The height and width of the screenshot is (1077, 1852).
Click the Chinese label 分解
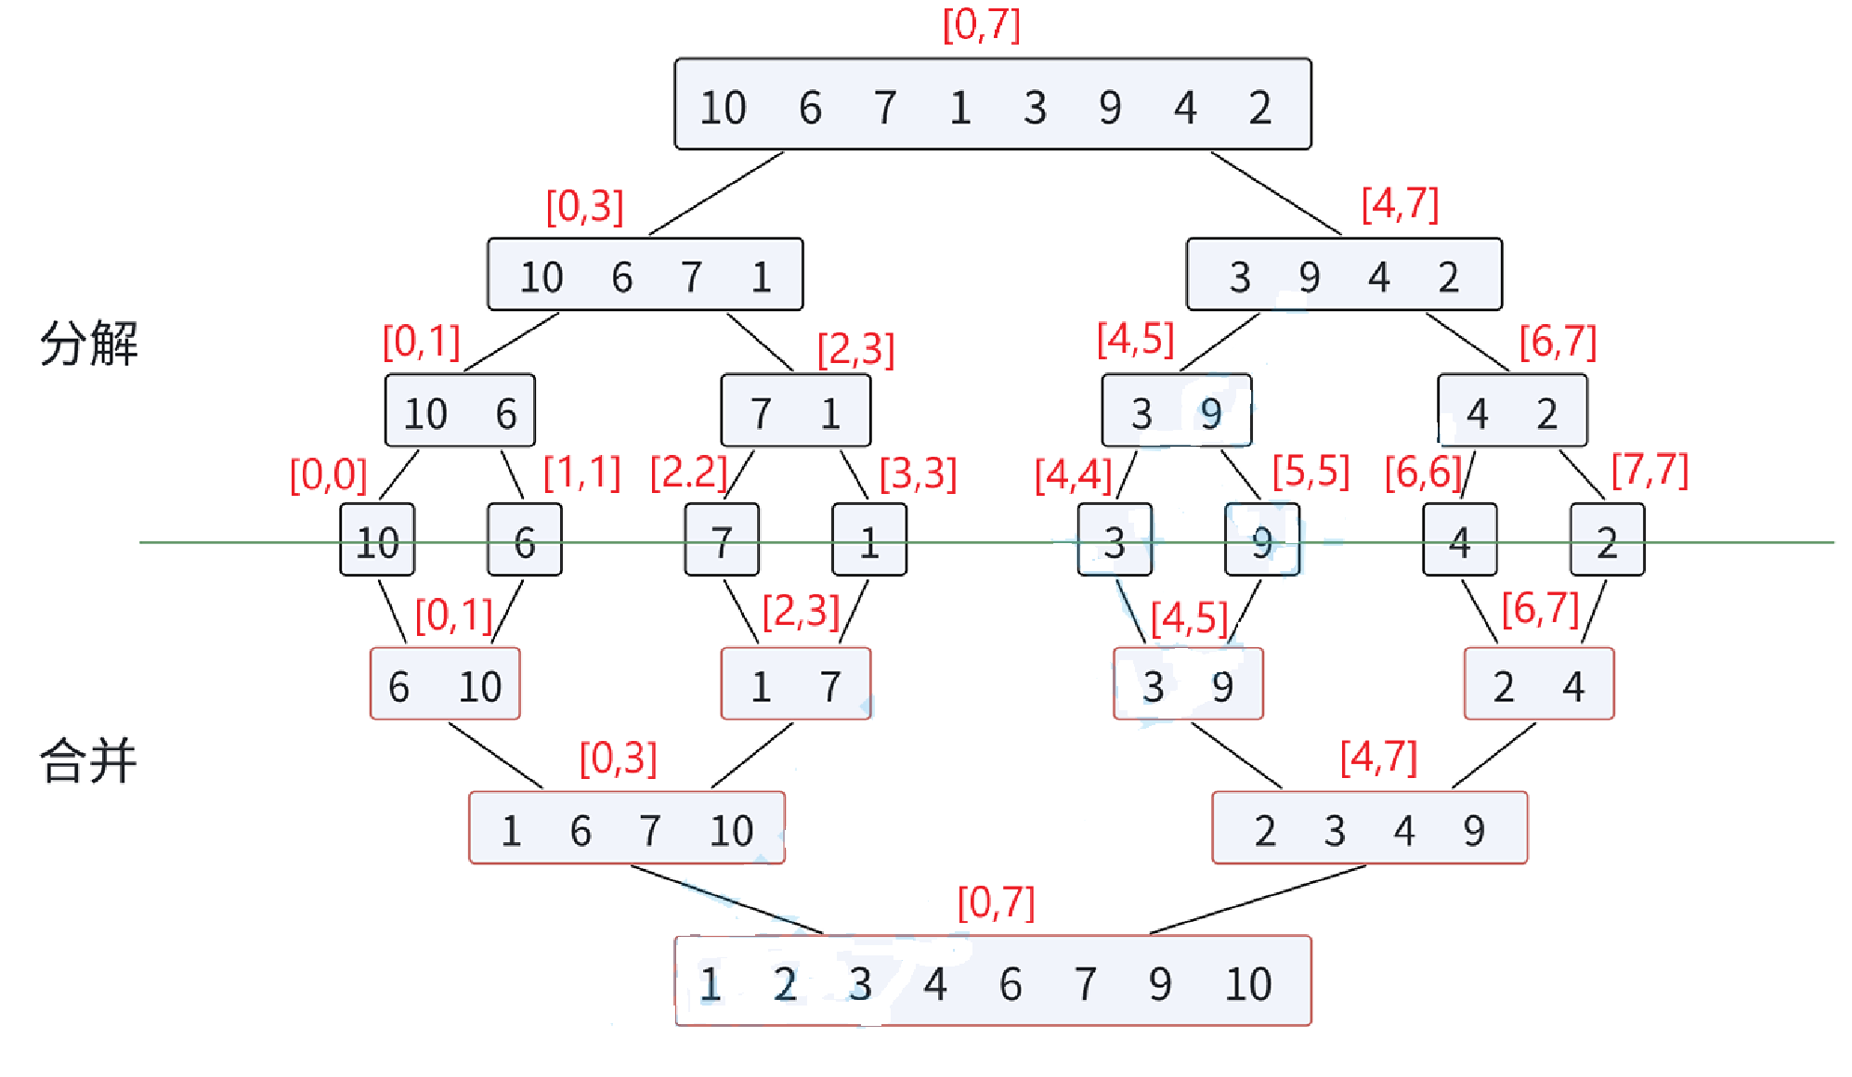(x=89, y=344)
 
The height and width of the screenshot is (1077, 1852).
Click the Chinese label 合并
(x=89, y=761)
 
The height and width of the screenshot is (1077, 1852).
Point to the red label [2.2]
(x=688, y=473)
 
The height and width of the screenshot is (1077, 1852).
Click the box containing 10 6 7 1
(x=645, y=275)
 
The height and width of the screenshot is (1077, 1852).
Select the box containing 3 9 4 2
(x=1344, y=275)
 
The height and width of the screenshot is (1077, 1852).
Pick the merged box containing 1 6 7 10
(x=627, y=828)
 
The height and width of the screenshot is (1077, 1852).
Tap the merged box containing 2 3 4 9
(x=1369, y=828)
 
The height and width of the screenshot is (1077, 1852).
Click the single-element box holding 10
(x=377, y=540)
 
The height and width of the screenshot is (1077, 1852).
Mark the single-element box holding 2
(x=1607, y=540)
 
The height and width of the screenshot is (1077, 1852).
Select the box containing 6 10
(x=445, y=684)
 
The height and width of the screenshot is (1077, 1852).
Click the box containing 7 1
(x=796, y=410)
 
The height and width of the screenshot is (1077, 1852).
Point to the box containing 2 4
(x=1539, y=684)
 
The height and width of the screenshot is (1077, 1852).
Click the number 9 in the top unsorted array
(x=1110, y=107)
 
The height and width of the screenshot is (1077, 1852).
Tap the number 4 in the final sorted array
(x=935, y=983)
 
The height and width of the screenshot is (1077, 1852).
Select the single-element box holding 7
(x=722, y=540)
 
